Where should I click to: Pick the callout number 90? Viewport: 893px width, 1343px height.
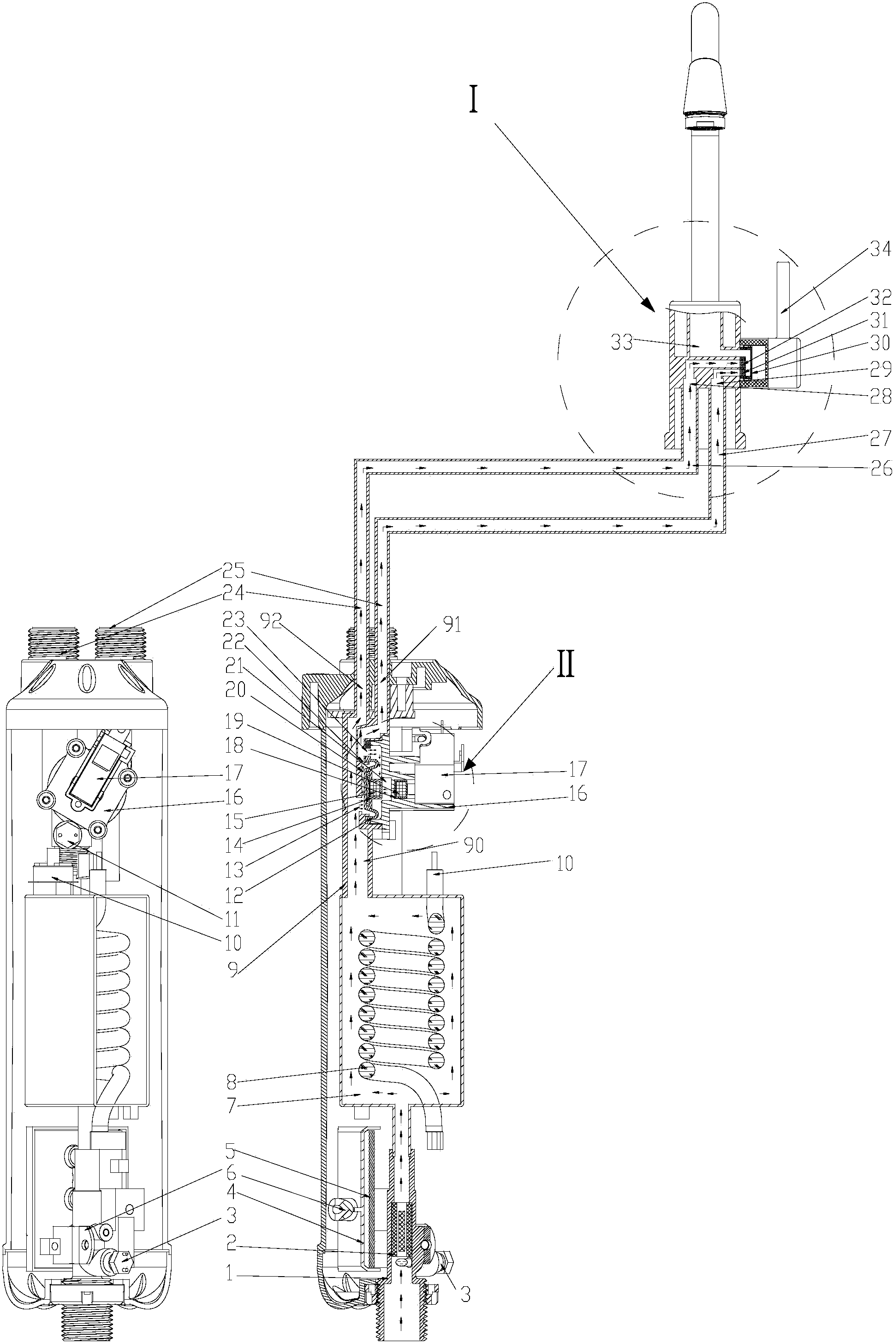(473, 846)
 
